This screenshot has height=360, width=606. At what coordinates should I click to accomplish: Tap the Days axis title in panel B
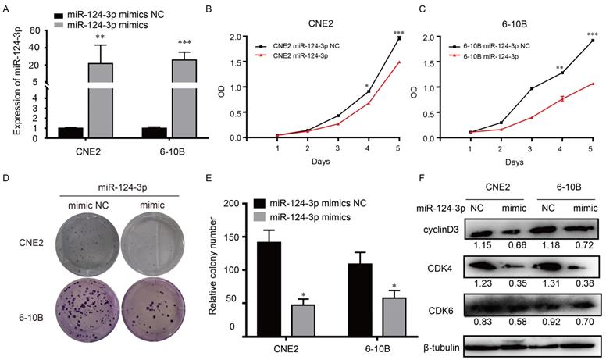[339, 162]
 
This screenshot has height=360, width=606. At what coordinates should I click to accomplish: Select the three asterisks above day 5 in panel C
[590, 35]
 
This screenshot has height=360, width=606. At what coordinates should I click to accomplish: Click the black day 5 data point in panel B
[399, 38]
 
